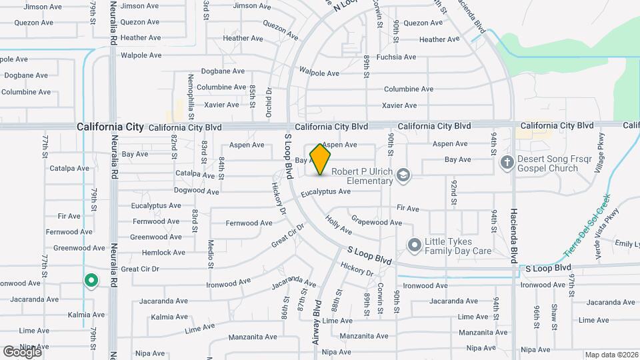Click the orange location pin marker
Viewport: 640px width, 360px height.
(x=321, y=159)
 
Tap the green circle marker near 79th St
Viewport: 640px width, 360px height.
(x=91, y=281)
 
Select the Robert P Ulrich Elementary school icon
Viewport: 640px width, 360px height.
(x=403, y=175)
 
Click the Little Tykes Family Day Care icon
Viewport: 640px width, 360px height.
(x=414, y=246)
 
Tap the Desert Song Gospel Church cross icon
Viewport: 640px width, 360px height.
(x=507, y=162)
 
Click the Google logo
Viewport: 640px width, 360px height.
(x=22, y=351)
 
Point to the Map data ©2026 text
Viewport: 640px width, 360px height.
(x=611, y=355)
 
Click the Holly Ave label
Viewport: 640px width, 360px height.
(x=339, y=224)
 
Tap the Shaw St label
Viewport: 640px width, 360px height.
(x=554, y=316)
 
